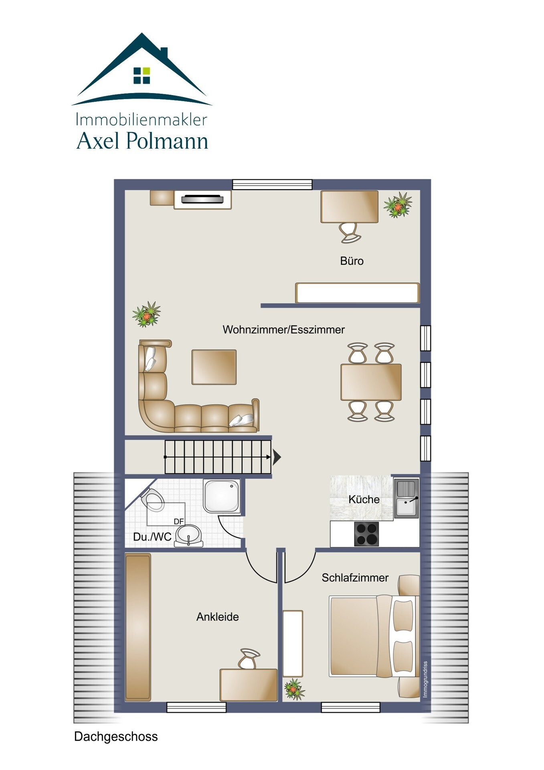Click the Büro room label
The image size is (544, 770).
tap(352, 261)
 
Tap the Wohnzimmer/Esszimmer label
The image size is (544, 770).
tap(283, 330)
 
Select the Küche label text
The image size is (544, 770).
tap(364, 499)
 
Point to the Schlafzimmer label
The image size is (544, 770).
tap(355, 577)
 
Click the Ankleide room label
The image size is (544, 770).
tap(217, 617)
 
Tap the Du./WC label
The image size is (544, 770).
tap(152, 537)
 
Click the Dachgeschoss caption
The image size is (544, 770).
tap(116, 737)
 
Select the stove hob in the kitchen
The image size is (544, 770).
tap(366, 534)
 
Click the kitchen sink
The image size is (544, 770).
tap(406, 498)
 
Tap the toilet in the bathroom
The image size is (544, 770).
tap(152, 499)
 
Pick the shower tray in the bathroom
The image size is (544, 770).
tap(222, 496)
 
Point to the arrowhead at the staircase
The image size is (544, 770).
tap(277, 457)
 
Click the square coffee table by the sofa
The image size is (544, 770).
tap(214, 367)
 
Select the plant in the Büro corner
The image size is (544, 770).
tap(398, 205)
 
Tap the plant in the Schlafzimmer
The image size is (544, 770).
tap(294, 689)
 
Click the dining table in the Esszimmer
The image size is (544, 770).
tap(371, 382)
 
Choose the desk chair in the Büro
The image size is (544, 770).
tap(350, 233)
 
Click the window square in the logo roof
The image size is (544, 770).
tap(142, 75)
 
